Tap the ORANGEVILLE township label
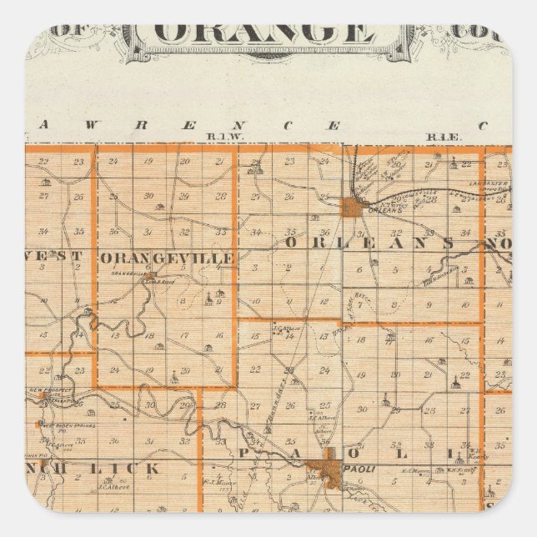tap(167, 259)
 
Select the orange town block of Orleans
tap(353, 207)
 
